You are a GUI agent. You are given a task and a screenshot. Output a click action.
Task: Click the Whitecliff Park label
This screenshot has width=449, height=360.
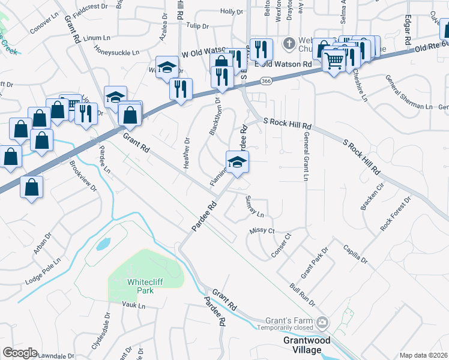140,286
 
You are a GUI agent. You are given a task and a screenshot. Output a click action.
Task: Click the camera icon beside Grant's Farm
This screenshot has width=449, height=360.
323,323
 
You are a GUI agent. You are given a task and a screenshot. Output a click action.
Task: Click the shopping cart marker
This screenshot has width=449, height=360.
334,60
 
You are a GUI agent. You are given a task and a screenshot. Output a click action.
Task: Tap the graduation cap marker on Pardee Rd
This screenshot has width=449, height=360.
237,161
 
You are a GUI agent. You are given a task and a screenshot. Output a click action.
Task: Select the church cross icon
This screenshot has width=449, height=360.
289,43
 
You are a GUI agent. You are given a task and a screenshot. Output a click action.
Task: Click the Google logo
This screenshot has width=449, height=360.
20,353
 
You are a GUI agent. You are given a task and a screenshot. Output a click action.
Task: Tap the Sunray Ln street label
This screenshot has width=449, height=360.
255,206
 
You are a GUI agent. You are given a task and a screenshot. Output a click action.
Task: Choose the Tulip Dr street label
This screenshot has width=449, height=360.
196,26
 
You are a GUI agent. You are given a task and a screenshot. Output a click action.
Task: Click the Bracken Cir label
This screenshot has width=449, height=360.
372,198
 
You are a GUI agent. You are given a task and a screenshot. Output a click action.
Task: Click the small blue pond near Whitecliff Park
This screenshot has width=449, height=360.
103,244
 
